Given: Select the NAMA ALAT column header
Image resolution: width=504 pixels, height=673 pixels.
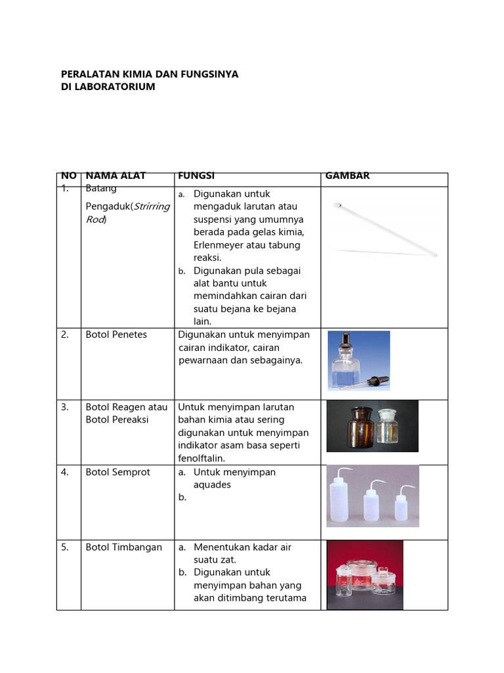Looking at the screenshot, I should (x=115, y=175).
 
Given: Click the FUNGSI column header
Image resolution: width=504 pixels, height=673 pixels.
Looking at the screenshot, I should (x=196, y=175).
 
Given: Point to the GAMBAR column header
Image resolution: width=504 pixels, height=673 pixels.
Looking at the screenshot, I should (x=347, y=175).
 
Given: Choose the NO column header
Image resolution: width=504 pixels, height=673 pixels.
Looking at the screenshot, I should (x=68, y=175).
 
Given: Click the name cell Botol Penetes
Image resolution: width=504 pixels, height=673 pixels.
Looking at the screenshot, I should (x=116, y=335).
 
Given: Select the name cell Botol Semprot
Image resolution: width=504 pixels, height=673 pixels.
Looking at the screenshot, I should (x=117, y=472).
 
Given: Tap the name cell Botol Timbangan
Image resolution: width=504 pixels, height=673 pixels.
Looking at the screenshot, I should (x=123, y=547).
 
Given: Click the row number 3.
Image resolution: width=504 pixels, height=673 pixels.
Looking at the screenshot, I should (x=65, y=407).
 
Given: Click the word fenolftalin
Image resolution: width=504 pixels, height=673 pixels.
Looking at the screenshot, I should (x=201, y=458).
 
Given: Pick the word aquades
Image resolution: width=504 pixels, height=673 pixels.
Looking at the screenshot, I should (x=212, y=484).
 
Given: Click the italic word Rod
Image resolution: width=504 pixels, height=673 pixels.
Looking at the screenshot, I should (x=95, y=220).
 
